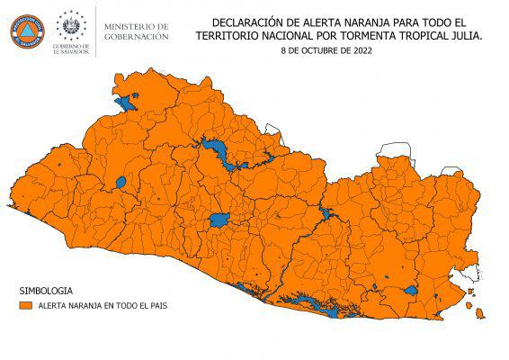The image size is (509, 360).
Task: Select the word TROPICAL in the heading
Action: pyautogui.click(x=411, y=35)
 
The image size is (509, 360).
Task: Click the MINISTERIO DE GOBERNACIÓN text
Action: pyautogui.click(x=136, y=31)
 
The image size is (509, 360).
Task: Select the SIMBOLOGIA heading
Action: pyautogui.click(x=45, y=292)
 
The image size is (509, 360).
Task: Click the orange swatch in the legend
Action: pyautogui.click(x=26, y=306)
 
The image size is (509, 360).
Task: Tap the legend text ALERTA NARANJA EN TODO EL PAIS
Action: pyautogui.click(x=102, y=306)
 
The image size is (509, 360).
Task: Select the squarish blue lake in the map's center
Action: pyautogui.click(x=219, y=220)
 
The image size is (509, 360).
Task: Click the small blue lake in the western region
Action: pyautogui.click(x=120, y=183)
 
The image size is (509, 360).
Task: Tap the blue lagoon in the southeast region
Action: pyautogui.click(x=410, y=290)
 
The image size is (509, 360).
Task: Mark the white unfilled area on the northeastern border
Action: pyautogui.click(x=394, y=150)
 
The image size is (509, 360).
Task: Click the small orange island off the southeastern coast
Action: pyautogui.click(x=480, y=314)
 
